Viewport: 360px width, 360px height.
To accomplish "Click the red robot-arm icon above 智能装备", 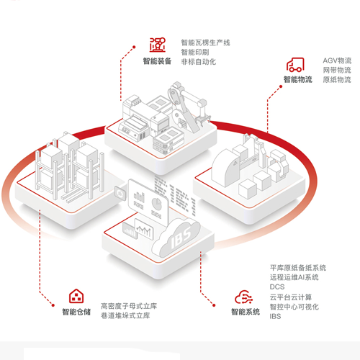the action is [x=158, y=45].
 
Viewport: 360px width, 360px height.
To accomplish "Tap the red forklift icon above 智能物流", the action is [x=295, y=65].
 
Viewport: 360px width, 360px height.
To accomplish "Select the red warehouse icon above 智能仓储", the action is [x=76, y=296].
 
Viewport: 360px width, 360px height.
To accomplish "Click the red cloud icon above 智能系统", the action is [x=243, y=297].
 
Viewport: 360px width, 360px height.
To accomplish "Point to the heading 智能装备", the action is [x=157, y=61].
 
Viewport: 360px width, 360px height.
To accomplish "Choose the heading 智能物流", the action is [x=298, y=79].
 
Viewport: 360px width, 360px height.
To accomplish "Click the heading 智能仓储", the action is [x=76, y=312].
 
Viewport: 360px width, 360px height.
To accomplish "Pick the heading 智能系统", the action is [x=246, y=312].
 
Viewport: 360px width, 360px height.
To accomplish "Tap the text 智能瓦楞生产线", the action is [x=205, y=42].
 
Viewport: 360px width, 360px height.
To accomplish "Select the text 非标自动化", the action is [x=199, y=62].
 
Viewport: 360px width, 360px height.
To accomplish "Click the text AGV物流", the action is [x=337, y=60].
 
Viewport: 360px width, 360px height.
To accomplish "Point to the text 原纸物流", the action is [x=337, y=80].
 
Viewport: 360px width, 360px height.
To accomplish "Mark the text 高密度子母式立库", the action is [x=129, y=306].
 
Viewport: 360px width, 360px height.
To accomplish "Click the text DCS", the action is [x=277, y=287].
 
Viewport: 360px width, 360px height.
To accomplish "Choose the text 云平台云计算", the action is [x=291, y=297].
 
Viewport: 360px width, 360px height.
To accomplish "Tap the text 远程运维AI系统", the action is [x=294, y=277].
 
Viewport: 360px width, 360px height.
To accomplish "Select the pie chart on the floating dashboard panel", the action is [x=157, y=203].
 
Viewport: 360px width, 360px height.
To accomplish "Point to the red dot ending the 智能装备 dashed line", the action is [x=134, y=47].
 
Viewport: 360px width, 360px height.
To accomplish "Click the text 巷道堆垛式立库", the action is [x=125, y=315].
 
